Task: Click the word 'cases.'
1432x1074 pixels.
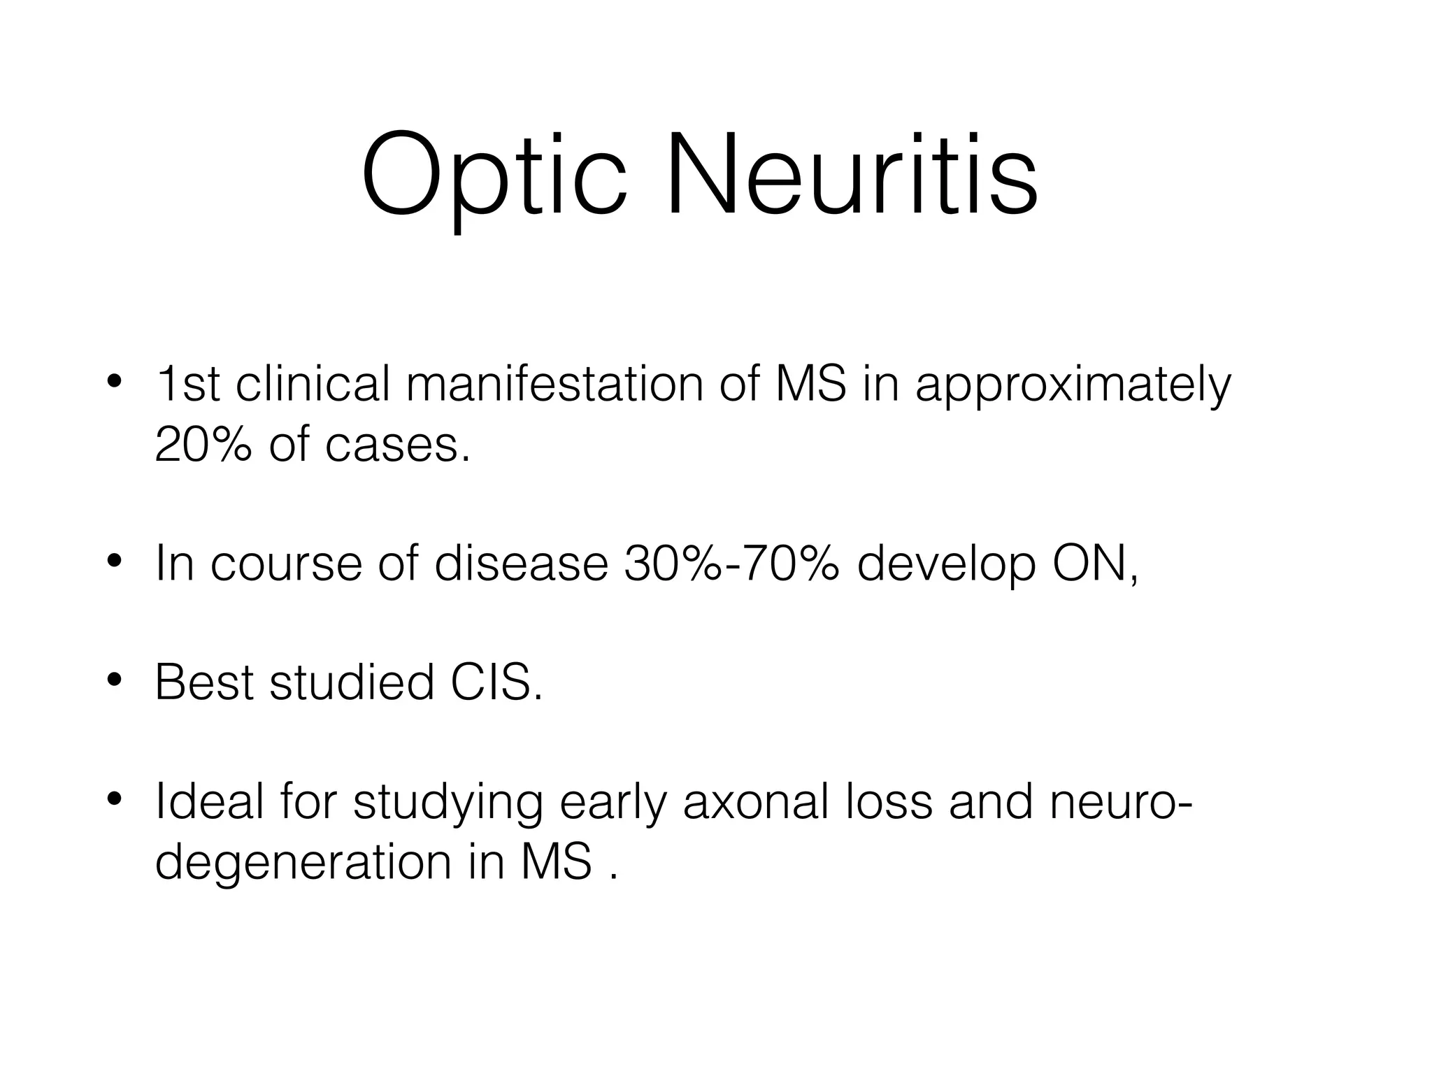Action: click(x=397, y=445)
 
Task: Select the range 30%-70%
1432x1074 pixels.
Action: click(x=731, y=564)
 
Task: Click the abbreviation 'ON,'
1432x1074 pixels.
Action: click(x=1095, y=564)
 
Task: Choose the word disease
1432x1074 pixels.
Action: click(x=521, y=564)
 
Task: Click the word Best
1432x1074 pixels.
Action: click(x=203, y=682)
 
